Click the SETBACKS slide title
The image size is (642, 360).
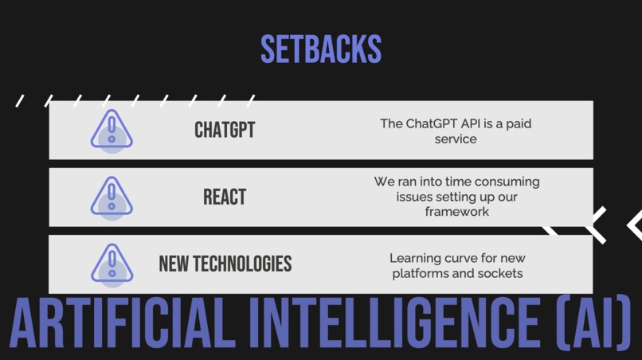(x=321, y=49)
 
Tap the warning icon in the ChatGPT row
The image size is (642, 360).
(x=112, y=130)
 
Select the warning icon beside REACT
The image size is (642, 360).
(x=112, y=197)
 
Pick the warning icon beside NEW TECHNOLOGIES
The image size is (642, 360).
(x=112, y=264)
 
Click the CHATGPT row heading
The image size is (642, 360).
(x=225, y=130)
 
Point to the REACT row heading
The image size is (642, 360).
(x=225, y=197)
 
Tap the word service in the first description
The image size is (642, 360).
(x=456, y=139)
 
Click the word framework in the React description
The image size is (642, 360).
(x=456, y=212)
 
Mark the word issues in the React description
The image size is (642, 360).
(x=415, y=197)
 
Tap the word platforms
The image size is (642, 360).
(x=420, y=273)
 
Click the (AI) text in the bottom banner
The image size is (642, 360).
(x=589, y=327)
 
